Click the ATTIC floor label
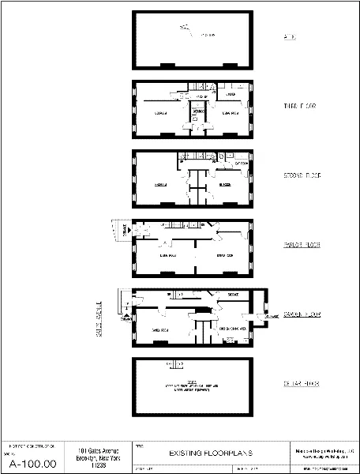click(x=289, y=37)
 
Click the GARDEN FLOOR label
click(x=302, y=314)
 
